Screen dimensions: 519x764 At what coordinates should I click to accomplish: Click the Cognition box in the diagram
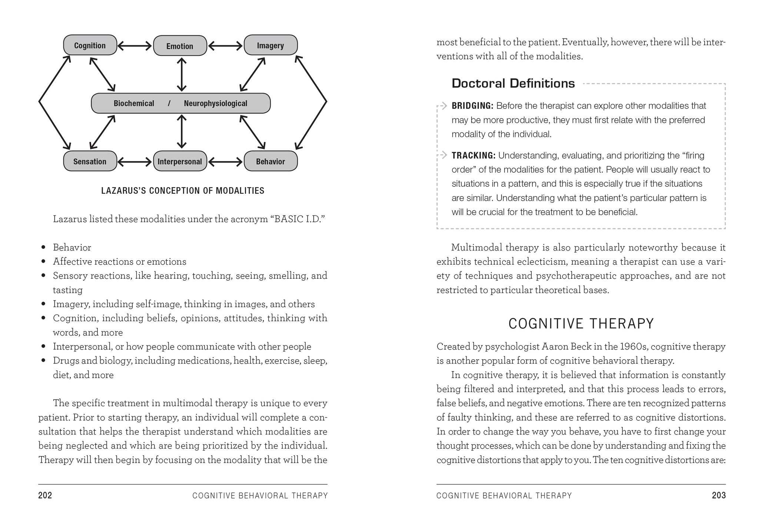pyautogui.click(x=90, y=45)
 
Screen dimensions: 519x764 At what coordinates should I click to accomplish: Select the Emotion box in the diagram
pyautogui.click(x=180, y=46)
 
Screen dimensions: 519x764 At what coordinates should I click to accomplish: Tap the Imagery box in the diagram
pyautogui.click(x=270, y=45)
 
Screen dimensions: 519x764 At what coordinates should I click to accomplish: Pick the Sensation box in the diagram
pyautogui.click(x=90, y=161)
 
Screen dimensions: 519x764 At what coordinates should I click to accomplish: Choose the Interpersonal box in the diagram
pyautogui.click(x=180, y=161)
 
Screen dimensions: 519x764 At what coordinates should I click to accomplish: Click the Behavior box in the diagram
pyautogui.click(x=270, y=161)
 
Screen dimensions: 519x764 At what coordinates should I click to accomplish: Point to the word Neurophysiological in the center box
pyautogui.click(x=215, y=103)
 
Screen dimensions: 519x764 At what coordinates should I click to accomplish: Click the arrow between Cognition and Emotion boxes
pyautogui.click(x=135, y=46)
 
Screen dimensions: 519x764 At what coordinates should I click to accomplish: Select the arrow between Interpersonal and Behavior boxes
pyautogui.click(x=225, y=162)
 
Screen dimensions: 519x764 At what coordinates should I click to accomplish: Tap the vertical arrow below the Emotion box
pyautogui.click(x=182, y=75)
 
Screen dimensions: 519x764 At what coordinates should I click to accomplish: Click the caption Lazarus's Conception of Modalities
pyautogui.click(x=183, y=191)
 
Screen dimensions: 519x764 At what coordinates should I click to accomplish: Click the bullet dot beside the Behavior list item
pyautogui.click(x=44, y=247)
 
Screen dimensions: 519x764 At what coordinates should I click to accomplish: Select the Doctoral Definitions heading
pyautogui.click(x=513, y=83)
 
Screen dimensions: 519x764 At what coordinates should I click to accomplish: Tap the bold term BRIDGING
pyautogui.click(x=472, y=106)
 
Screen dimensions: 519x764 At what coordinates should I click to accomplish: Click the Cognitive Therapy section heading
pyautogui.click(x=581, y=324)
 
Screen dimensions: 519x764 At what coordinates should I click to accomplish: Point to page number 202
pyautogui.click(x=45, y=495)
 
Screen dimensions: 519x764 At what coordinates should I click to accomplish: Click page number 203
pyautogui.click(x=718, y=495)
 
